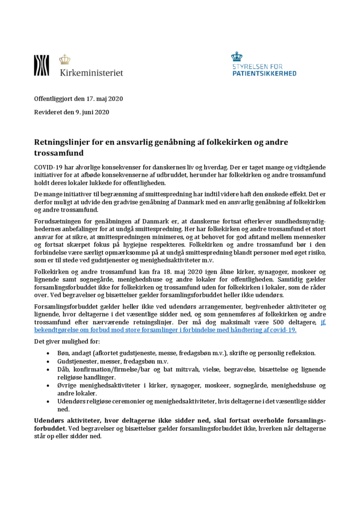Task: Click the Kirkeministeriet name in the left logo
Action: (x=91, y=72)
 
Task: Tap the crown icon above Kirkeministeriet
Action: (x=64, y=59)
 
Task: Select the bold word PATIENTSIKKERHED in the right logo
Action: (x=264, y=73)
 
